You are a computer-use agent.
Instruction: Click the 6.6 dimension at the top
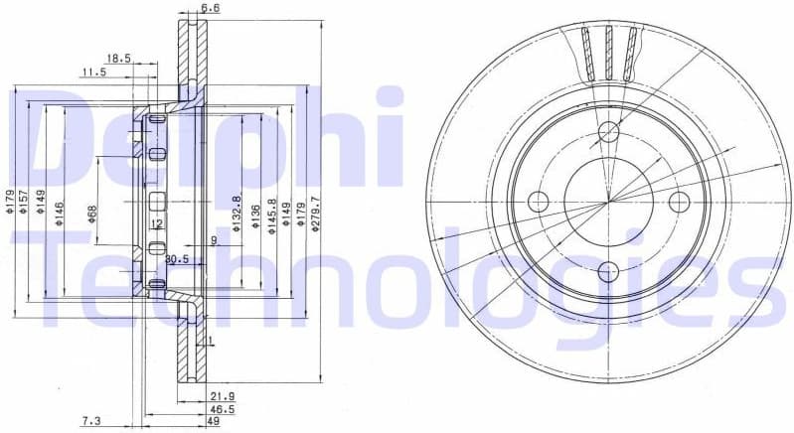(x=210, y=9)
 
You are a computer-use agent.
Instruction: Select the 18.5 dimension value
(x=118, y=59)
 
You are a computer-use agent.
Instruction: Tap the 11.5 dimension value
(x=94, y=72)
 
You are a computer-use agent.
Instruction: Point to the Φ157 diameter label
(x=24, y=203)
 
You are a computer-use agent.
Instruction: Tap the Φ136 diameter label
(x=254, y=216)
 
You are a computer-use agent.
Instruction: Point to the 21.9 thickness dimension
(x=222, y=395)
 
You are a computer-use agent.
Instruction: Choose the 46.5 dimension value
(x=222, y=408)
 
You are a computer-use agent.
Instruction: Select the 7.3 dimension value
(x=90, y=421)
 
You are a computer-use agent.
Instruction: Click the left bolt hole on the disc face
(x=538, y=202)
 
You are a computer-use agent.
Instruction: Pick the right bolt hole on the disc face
(x=679, y=202)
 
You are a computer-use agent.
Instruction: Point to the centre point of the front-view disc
(x=607, y=202)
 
